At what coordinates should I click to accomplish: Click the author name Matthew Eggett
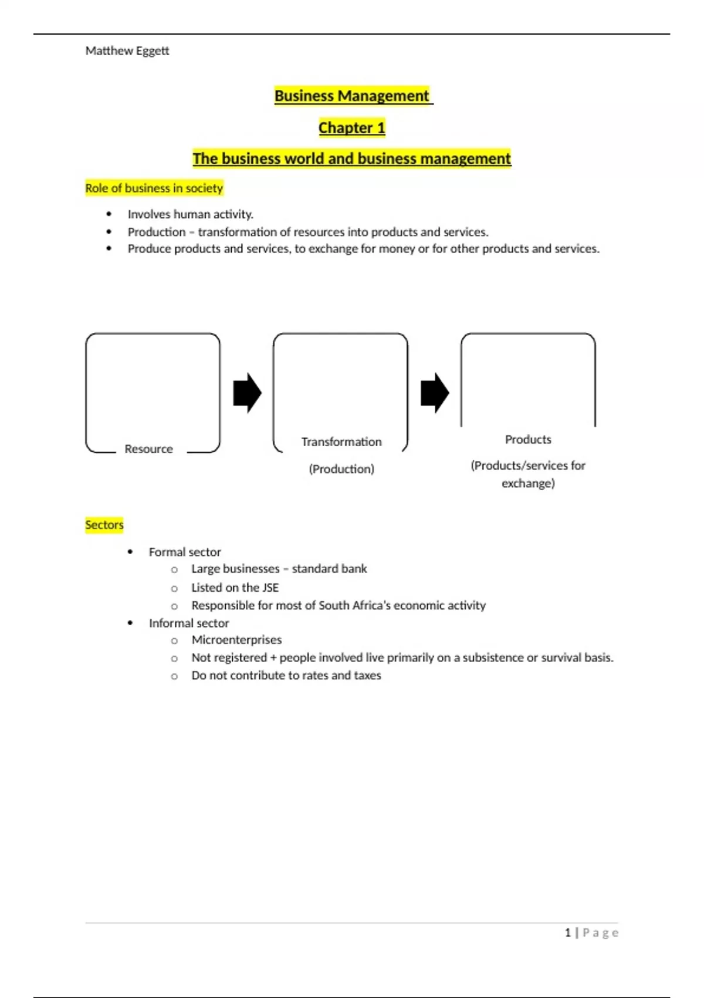[x=127, y=51]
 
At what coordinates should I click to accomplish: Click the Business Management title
[x=352, y=96]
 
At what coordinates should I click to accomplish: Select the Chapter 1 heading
[x=352, y=127]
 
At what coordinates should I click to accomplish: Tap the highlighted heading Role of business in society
[x=154, y=188]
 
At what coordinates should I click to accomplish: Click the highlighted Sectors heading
[x=104, y=525]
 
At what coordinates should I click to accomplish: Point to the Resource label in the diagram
[x=148, y=449]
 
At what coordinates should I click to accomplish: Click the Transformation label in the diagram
[x=341, y=442]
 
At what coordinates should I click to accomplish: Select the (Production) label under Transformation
[x=341, y=469]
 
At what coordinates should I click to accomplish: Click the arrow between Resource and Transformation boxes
[x=247, y=393]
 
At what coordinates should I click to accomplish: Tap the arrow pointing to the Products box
[x=435, y=393]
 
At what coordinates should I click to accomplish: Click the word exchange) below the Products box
[x=528, y=484]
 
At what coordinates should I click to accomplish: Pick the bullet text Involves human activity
[x=191, y=214]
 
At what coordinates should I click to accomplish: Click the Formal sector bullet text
[x=185, y=552]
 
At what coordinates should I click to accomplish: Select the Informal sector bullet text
[x=189, y=623]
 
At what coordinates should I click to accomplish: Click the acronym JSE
[x=270, y=588]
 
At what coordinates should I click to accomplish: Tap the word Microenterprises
[x=236, y=640]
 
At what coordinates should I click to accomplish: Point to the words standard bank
[x=329, y=569]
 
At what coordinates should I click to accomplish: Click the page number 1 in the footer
[x=567, y=933]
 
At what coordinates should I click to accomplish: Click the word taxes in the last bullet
[x=367, y=676]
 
